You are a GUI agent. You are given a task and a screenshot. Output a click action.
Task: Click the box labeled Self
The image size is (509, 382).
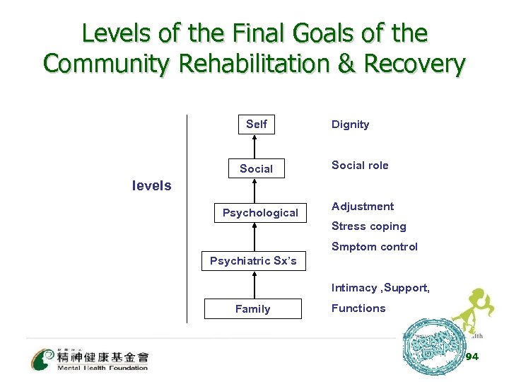point(256,125)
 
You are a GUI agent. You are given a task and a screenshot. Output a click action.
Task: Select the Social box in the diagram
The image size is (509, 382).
point(256,169)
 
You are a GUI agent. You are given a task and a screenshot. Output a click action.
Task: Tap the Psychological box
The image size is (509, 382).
point(260,213)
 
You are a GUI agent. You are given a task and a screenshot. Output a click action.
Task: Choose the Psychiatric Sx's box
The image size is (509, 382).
point(253,261)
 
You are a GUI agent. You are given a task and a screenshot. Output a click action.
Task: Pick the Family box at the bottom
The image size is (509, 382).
point(252,309)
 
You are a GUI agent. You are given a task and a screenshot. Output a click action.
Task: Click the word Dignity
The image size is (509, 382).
point(351,125)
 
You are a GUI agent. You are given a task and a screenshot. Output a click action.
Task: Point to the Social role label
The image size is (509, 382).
point(360,166)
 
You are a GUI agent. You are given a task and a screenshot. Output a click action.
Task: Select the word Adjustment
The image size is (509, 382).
point(363,207)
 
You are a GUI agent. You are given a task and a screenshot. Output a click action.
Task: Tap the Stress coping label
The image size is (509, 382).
point(369,226)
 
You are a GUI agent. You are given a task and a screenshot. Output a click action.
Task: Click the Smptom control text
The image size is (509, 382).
point(375,247)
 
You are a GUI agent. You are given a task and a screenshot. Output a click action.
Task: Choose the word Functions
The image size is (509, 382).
point(358,308)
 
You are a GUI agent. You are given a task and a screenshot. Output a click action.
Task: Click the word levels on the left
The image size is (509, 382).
point(152,186)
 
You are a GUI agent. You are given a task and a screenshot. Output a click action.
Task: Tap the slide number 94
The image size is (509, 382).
point(472,357)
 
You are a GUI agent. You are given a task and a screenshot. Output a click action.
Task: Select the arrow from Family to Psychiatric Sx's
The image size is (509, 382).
point(253,285)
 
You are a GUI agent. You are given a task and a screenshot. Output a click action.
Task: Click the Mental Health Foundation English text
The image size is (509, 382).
point(103,368)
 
